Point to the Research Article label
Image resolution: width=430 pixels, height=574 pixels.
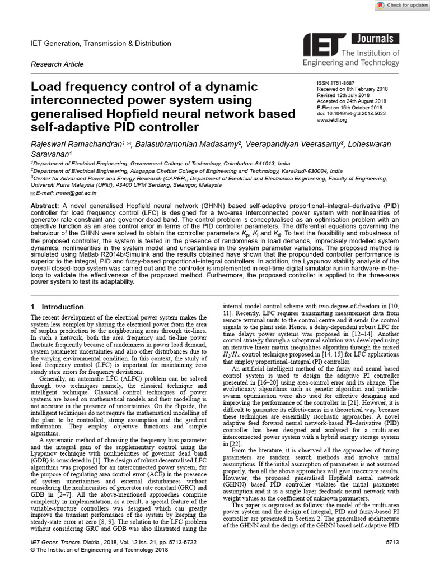coord(57,64)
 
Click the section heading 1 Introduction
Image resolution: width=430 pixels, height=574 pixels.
coord(57,307)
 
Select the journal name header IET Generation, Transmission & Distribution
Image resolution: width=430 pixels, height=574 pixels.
coord(101,43)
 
